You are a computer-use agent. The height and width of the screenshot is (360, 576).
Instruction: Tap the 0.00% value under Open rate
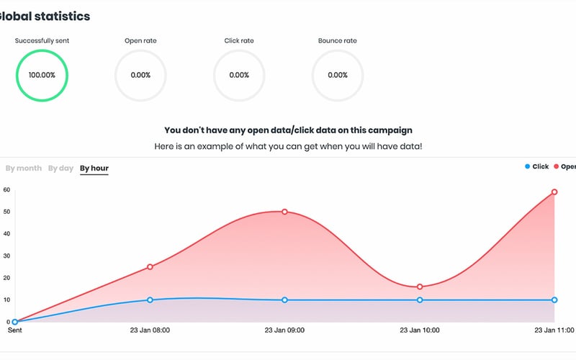click(x=140, y=75)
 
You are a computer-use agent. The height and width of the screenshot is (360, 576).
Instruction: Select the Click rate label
click(x=238, y=40)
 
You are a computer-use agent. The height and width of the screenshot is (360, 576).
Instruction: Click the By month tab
click(x=23, y=168)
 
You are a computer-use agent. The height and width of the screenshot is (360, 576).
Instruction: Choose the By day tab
click(x=60, y=168)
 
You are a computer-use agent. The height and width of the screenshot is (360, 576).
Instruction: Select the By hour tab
click(x=94, y=168)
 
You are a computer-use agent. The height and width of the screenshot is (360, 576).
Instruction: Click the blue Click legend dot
click(x=527, y=167)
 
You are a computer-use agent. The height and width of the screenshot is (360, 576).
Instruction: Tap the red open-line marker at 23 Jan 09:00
click(x=284, y=212)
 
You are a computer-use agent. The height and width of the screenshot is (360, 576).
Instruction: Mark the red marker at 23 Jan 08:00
click(x=150, y=267)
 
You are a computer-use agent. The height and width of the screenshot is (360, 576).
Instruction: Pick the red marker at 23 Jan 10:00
click(x=420, y=287)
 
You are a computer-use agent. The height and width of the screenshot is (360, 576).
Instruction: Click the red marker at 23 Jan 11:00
click(x=554, y=192)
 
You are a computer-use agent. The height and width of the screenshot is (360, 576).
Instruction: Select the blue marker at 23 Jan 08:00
click(x=150, y=300)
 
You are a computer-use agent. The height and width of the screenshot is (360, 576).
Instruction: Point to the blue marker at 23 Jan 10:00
click(x=420, y=300)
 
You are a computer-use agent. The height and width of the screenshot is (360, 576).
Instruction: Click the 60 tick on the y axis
click(x=6, y=190)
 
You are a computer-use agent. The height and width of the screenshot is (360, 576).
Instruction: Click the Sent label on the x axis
click(x=14, y=330)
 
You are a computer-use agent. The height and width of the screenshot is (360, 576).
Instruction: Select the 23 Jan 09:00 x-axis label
click(x=284, y=330)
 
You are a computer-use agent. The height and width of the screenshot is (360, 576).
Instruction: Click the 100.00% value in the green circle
click(x=42, y=75)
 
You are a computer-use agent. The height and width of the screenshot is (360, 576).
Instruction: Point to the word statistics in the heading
click(x=63, y=16)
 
